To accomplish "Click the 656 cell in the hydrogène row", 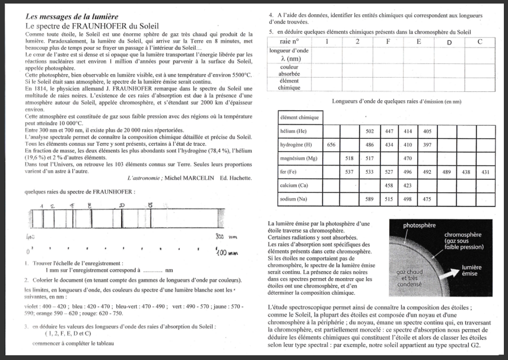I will click(x=331, y=145).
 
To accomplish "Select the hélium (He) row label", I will click(x=294, y=130).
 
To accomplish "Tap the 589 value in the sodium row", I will click(x=369, y=199).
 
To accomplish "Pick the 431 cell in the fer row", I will click(x=485, y=172).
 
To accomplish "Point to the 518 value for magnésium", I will click(x=350, y=158).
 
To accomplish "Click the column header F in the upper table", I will click(x=388, y=42).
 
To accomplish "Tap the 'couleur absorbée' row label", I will click(x=288, y=70).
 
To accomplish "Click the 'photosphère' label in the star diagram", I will click(x=419, y=226).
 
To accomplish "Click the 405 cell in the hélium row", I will click(x=427, y=131).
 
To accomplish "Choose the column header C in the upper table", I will click(x=479, y=42).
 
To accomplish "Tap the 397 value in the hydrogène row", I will click(x=427, y=145).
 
